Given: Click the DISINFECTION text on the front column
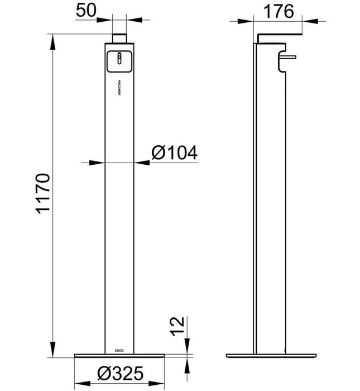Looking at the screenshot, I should (x=119, y=87).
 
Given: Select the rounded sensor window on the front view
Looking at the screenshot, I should (x=119, y=60).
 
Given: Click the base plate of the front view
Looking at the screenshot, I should (x=119, y=355).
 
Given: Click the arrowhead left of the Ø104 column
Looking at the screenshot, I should (x=100, y=163).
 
